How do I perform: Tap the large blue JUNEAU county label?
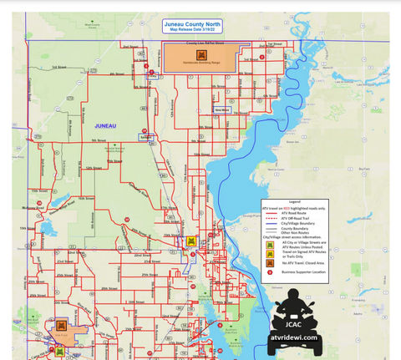[x=105, y=125]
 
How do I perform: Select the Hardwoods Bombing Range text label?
[x=200, y=63]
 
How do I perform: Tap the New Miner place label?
[x=221, y=109]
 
